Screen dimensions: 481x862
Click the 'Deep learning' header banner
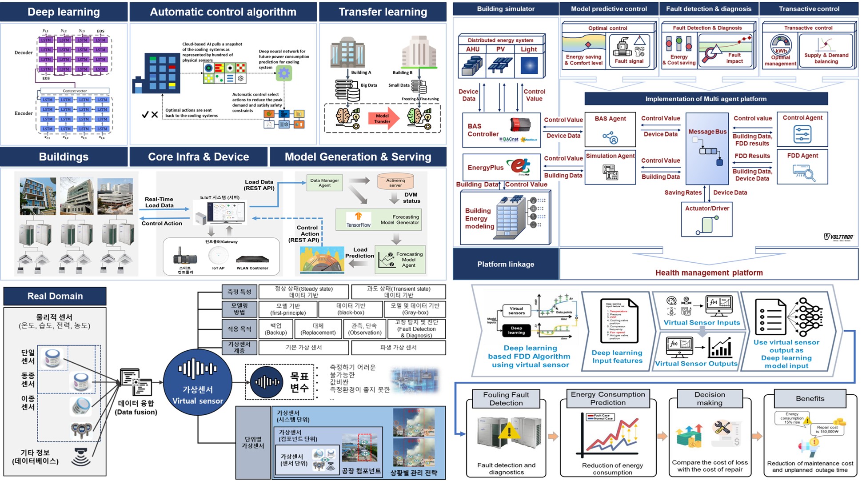[64, 12]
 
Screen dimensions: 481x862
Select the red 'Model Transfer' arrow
[383, 118]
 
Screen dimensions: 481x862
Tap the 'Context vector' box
[75, 91]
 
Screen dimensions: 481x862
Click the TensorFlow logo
[359, 220]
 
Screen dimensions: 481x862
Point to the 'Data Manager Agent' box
[324, 183]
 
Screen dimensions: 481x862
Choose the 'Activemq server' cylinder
[395, 181]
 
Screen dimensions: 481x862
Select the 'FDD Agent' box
[802, 167]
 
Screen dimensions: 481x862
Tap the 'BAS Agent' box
[610, 129]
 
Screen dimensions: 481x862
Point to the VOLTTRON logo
[838, 237]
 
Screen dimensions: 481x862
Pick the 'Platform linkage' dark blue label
[506, 264]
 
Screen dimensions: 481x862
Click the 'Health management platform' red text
[709, 273]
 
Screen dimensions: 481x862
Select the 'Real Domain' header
[55, 296]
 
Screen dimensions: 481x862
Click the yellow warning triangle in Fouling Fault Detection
[509, 431]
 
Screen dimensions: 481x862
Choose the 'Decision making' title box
[710, 398]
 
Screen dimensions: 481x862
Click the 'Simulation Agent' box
[610, 167]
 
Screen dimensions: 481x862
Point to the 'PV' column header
[500, 49]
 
